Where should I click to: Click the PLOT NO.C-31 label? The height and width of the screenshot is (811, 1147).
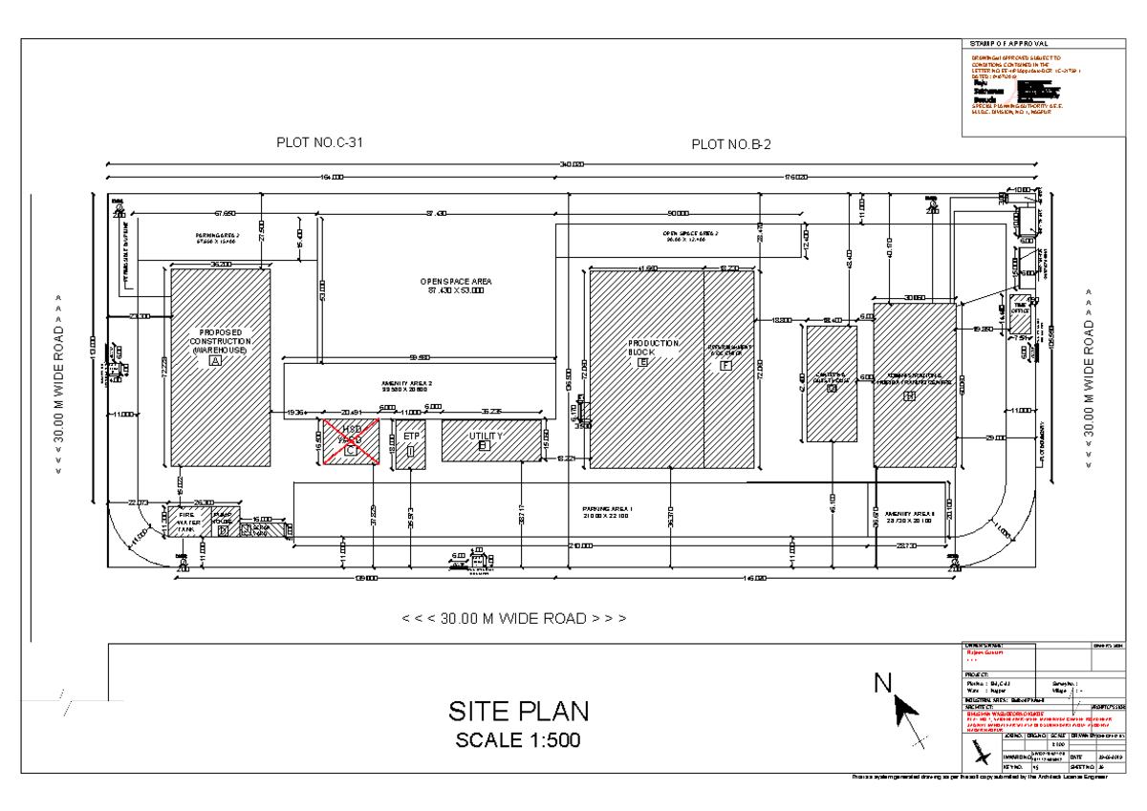click(319, 143)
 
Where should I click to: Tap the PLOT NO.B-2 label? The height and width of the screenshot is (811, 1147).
click(731, 144)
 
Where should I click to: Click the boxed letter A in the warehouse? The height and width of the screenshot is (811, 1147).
click(215, 361)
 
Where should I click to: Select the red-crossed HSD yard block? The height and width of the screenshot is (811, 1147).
click(350, 441)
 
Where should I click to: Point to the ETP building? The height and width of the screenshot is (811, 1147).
click(411, 442)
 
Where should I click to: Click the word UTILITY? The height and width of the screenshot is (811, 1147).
click(486, 436)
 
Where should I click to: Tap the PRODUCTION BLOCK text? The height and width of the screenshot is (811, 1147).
click(653, 348)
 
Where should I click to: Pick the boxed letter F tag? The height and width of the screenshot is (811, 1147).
click(725, 365)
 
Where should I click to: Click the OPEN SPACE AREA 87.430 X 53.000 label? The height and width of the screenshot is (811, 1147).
click(456, 286)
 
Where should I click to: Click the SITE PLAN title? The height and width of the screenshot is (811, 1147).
click(518, 712)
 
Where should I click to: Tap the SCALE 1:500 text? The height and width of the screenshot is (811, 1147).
click(517, 739)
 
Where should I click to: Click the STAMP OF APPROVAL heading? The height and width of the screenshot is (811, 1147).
click(1008, 44)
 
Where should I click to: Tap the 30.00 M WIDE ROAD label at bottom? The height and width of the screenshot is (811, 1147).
click(514, 618)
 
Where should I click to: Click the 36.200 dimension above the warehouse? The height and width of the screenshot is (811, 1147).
click(220, 264)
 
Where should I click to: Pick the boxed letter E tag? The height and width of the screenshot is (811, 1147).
click(643, 363)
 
